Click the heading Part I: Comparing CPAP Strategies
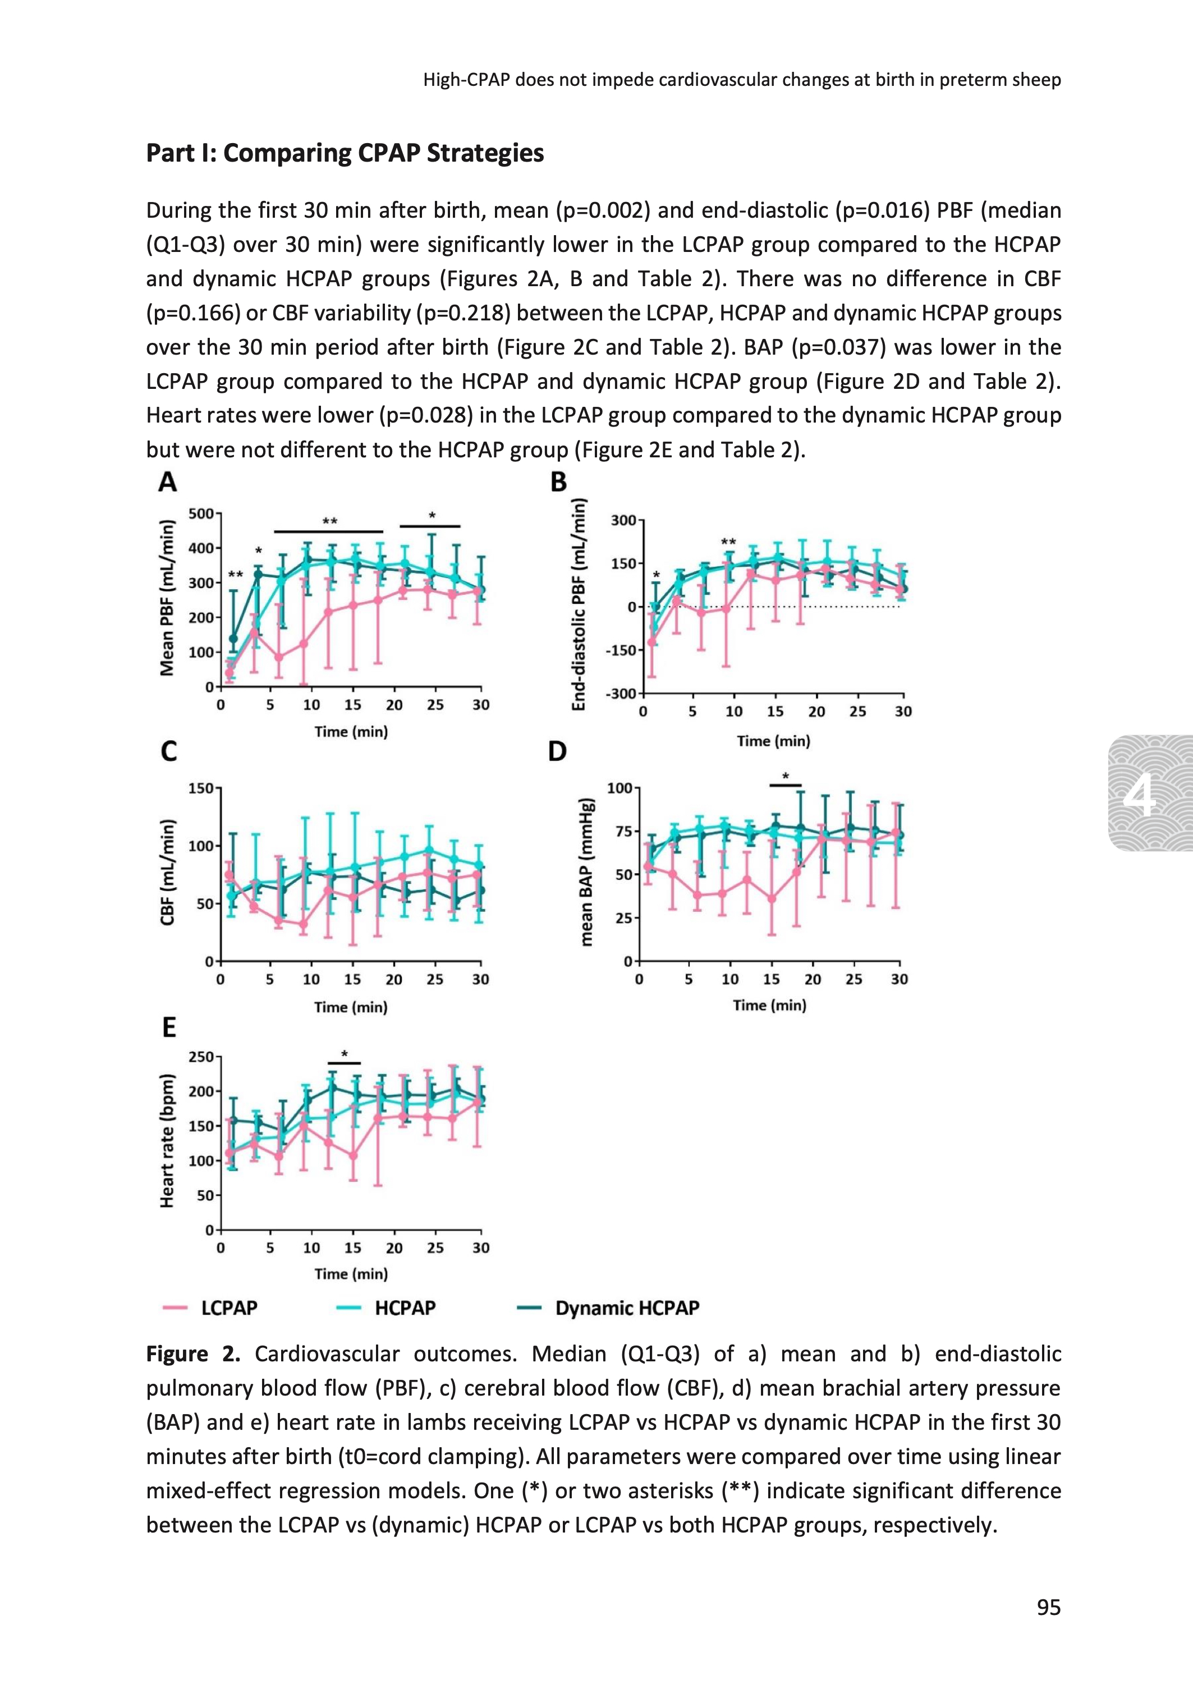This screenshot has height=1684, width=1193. [345, 154]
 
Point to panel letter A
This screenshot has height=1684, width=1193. [167, 483]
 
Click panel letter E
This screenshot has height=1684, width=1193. [169, 1027]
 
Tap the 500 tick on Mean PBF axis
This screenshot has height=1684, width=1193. [200, 513]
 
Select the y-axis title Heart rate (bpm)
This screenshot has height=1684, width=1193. [167, 1141]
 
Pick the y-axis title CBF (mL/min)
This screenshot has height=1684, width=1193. [167, 873]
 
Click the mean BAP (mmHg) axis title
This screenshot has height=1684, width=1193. [586, 872]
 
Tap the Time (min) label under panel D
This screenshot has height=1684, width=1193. [769, 1006]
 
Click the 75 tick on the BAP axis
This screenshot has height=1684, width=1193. [623, 832]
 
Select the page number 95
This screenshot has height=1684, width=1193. [1048, 1608]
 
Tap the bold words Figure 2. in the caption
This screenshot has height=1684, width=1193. [193, 1354]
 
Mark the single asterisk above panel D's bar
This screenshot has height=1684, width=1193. [785, 776]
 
